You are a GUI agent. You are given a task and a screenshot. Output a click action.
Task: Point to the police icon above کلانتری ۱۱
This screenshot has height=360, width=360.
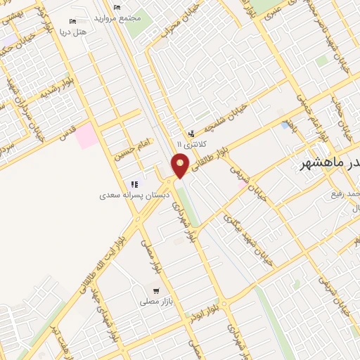pos(191,133)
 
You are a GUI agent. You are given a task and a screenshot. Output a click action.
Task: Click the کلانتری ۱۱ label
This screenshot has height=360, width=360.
pos(189,143)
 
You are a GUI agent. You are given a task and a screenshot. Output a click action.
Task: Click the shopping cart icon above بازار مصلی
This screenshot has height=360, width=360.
pos(155,290)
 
